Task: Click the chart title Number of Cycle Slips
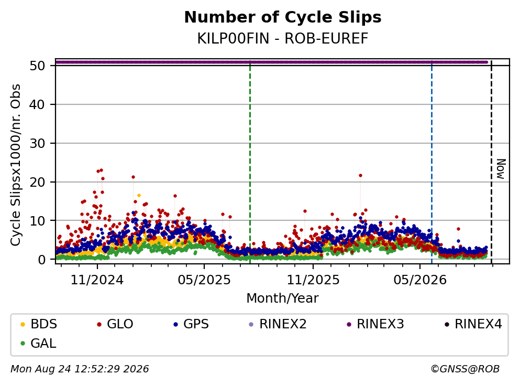pos(283,17)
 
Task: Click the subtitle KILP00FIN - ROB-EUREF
pos(283,38)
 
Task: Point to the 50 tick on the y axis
pos(38,66)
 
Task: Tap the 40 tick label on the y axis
pos(38,104)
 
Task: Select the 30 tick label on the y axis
pos(38,143)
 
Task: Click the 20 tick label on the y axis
pos(38,182)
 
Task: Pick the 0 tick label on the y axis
pos(42,260)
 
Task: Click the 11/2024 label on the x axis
pos(97,280)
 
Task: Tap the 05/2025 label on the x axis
pos(204,280)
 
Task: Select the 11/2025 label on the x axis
pos(313,280)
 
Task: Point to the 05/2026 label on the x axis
pos(420,280)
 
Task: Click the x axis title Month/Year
pos(283,298)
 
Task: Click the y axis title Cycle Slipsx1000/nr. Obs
pos(16,165)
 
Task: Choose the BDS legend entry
pos(39,324)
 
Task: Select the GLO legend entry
pos(115,324)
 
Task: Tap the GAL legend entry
pos(38,343)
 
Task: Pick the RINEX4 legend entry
pos(473,324)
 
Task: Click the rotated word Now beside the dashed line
pos(501,169)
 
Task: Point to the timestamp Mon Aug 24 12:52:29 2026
pos(80,369)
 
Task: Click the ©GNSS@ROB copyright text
pos(465,369)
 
